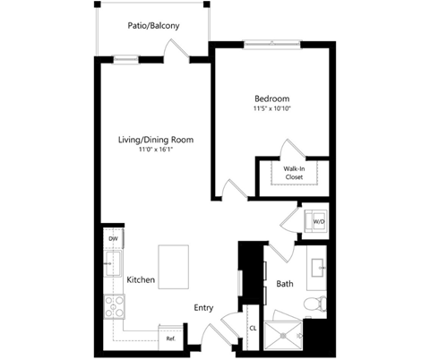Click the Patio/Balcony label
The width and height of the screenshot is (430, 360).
point(153,26)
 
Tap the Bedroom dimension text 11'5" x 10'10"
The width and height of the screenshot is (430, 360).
point(272,108)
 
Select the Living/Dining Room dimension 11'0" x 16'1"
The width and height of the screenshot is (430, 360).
point(156,150)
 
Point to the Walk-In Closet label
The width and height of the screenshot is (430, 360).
point(294,173)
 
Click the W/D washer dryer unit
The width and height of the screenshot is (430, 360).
point(316,221)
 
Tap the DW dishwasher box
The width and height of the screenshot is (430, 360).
point(113,238)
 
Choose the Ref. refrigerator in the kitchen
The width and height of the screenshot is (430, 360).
point(170,338)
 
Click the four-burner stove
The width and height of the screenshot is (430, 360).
point(114,306)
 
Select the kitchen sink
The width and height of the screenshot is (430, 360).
point(113,264)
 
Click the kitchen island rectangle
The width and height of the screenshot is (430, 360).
point(174,267)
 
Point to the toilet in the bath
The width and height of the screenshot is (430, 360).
point(315,304)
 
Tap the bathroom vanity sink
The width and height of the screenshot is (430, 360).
point(318,268)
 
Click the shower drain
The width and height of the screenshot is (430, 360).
point(283,336)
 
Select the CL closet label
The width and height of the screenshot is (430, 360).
point(253,329)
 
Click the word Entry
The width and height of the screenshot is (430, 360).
point(203,308)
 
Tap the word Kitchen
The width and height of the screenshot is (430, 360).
point(141,279)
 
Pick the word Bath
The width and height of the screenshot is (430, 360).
point(285,284)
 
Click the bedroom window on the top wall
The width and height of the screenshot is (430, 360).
point(272,44)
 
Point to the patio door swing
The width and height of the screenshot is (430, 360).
point(176,48)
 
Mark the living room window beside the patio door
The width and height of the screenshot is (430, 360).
point(125,59)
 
